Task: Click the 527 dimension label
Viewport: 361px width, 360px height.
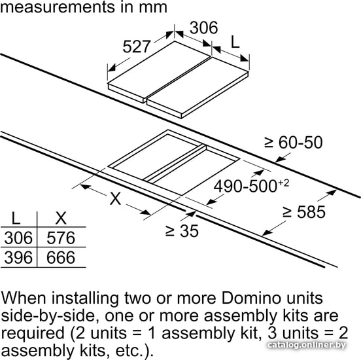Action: (x=137, y=46)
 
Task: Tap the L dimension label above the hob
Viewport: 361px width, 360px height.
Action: (x=235, y=42)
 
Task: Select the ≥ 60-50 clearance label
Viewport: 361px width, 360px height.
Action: (x=294, y=143)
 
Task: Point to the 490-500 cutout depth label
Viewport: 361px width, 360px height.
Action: (x=245, y=187)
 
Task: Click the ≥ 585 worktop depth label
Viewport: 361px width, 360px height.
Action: (x=304, y=212)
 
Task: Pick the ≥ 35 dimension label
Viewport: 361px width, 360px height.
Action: (x=182, y=230)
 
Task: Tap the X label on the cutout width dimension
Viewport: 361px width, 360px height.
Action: (x=115, y=198)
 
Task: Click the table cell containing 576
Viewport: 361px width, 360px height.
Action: (x=61, y=238)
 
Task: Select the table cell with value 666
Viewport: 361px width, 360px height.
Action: (x=61, y=257)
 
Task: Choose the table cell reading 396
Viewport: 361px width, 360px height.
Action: (x=18, y=257)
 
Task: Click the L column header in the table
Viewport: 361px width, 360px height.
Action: (x=16, y=218)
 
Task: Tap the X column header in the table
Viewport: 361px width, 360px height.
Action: (x=61, y=218)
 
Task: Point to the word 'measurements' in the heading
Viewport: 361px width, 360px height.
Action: (x=57, y=7)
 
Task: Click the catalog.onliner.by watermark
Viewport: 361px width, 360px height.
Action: (x=307, y=345)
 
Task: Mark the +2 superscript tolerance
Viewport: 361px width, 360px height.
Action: (x=283, y=183)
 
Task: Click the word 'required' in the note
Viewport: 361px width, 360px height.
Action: (x=33, y=334)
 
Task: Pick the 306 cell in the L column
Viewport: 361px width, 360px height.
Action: (x=18, y=238)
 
